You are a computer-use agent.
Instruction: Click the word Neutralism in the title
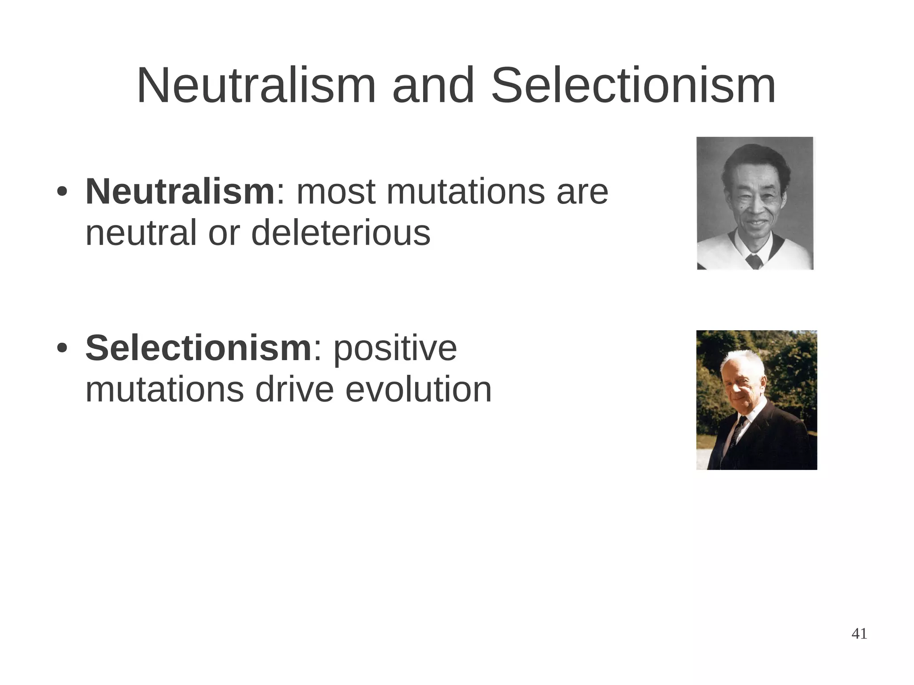click(257, 86)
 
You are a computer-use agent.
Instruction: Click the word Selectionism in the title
click(633, 86)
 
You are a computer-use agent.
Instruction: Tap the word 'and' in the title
click(433, 86)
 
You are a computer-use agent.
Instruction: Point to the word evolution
click(418, 390)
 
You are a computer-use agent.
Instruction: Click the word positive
click(395, 349)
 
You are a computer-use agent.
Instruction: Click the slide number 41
click(859, 634)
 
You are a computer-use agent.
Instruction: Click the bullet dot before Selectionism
click(62, 349)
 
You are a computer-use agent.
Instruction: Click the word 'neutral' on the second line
click(141, 233)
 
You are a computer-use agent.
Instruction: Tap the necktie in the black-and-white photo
click(754, 261)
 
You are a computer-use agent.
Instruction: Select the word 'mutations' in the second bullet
click(164, 390)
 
